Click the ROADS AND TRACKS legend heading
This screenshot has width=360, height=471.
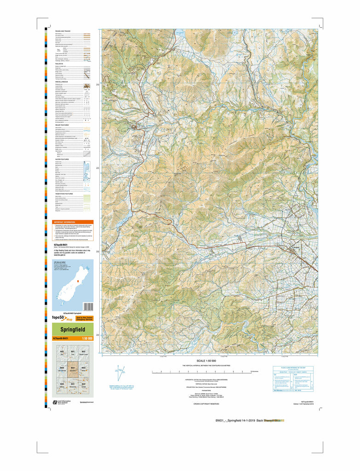coord(63,30)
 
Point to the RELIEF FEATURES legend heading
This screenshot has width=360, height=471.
coord(63,124)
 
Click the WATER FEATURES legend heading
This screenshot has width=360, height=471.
coord(63,159)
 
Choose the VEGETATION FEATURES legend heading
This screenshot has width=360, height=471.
coord(65,194)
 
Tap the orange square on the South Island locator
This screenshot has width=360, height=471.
coord(78,280)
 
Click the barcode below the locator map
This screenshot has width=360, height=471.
coord(88,306)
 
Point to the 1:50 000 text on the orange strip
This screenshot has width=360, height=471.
coord(87,339)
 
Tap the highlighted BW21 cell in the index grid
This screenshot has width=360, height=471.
coord(73,368)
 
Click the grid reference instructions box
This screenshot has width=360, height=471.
coord(293,379)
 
